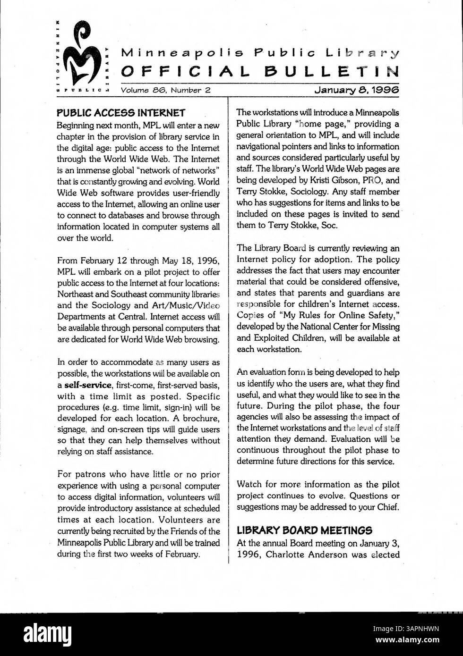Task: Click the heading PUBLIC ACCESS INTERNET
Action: pyautogui.click(x=120, y=113)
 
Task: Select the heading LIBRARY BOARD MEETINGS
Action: pyautogui.click(x=304, y=530)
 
